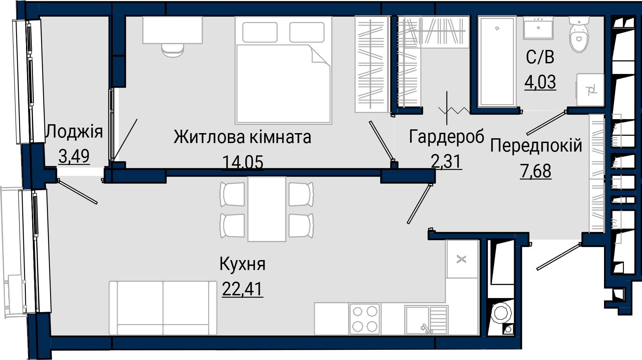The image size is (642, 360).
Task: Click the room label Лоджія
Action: [74, 131]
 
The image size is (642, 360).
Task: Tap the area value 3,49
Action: [74, 156]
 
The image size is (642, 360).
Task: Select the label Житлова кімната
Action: [242, 137]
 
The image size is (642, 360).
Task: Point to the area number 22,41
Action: [242, 289]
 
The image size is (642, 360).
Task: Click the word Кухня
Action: [242, 264]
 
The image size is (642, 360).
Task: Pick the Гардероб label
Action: [447, 137]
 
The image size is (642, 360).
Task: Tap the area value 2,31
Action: [447, 161]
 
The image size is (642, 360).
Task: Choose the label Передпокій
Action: [536, 145]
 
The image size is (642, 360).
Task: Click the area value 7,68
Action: [536, 171]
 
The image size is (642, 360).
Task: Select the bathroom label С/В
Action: [540, 57]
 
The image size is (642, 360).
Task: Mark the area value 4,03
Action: [540, 82]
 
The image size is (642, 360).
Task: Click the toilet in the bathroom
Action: [579, 35]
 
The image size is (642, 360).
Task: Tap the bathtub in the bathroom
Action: [497, 61]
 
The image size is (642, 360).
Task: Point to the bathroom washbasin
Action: [538, 28]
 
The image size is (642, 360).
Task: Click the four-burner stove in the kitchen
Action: [365, 319]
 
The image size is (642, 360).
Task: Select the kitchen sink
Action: [426, 320]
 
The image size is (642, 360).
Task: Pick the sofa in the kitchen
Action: [163, 308]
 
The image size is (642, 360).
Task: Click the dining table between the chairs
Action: [267, 209]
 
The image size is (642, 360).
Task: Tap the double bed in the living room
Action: [283, 70]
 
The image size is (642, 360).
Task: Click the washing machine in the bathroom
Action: [590, 90]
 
